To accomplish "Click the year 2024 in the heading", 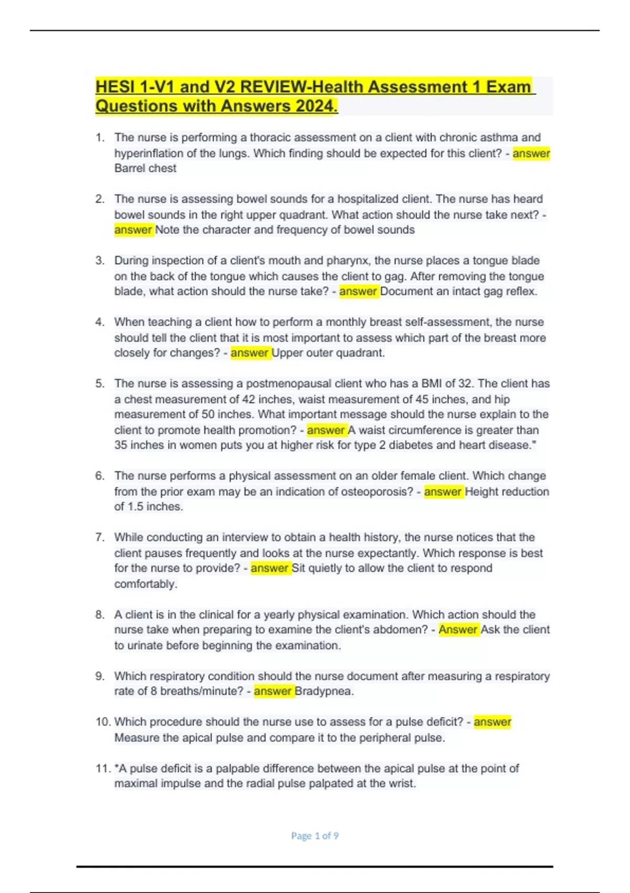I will coord(315,106).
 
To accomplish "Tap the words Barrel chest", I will coord(145,169).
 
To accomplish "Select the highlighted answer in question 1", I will coord(531,153).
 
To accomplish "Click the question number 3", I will coord(100,261).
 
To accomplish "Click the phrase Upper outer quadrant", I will coord(328,353).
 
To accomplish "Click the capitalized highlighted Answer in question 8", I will coord(458,630).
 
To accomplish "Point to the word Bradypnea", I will coord(323,691).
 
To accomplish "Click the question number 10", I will coord(102,722).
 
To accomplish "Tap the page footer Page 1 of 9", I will coord(314,836).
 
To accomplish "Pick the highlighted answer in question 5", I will coord(325,430).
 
